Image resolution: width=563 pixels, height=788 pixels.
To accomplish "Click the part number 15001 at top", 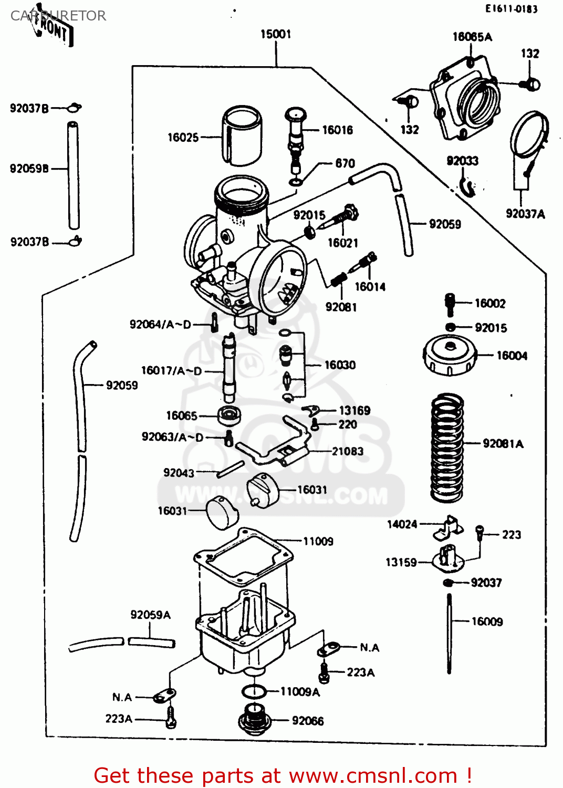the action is click(276, 34).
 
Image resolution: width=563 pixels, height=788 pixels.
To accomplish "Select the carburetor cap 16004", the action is click(450, 356).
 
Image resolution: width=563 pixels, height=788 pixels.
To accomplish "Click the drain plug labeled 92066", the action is click(255, 720).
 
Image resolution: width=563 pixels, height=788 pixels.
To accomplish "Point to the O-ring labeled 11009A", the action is click(254, 691).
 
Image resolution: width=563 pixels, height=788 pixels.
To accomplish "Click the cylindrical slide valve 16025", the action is click(242, 136).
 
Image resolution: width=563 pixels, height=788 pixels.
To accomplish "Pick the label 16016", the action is click(337, 130).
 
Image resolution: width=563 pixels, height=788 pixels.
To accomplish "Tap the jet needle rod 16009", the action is click(450, 633).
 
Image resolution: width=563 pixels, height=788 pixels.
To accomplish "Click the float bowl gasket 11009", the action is click(243, 555).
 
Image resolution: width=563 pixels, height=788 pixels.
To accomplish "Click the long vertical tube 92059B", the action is click(73, 175).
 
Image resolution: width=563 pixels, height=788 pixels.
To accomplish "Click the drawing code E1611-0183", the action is click(511, 8).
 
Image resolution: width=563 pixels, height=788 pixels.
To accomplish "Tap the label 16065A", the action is click(472, 37).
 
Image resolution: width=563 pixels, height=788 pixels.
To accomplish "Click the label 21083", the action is click(347, 451).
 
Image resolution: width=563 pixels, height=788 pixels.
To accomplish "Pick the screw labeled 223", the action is click(479, 533).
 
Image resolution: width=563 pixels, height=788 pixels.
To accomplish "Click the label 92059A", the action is click(150, 615).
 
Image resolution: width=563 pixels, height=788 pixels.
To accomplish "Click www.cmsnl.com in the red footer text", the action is click(373, 775).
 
